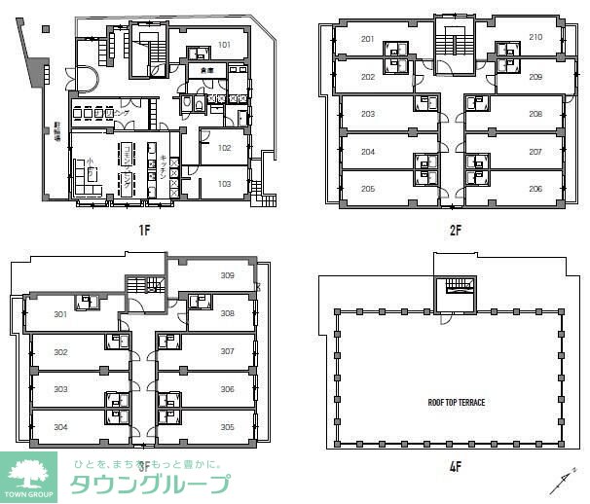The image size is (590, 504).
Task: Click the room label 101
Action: coord(224,45)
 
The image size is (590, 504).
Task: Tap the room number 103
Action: coord(224,183)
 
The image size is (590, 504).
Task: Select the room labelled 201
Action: coord(367,40)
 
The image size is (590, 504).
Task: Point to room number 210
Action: coord(535,38)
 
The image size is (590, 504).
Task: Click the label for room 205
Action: coord(367,189)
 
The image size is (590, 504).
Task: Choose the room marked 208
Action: coord(535,114)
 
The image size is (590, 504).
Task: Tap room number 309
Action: coord(227,275)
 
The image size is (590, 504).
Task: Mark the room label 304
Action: coord(60,426)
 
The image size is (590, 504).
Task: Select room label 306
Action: coord(227,388)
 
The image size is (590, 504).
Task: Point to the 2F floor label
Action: coord(450,233)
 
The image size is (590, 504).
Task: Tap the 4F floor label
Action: coord(454,466)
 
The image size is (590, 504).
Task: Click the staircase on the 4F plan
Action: coord(453,289)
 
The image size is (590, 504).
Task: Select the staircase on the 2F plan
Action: coord(450,44)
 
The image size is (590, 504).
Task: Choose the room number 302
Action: coord(60,351)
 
